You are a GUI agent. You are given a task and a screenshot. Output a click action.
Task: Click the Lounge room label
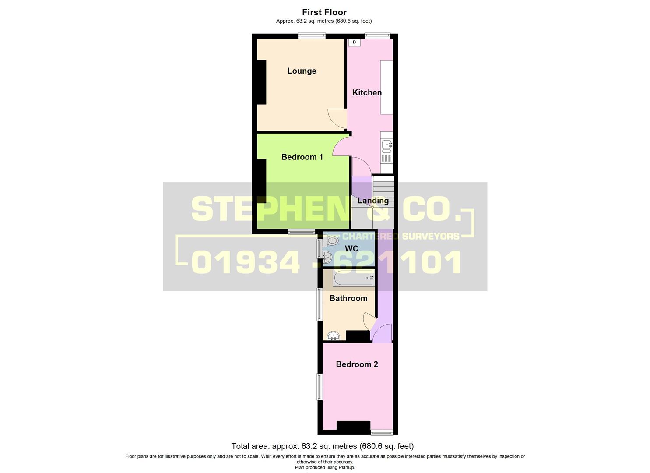(302, 71)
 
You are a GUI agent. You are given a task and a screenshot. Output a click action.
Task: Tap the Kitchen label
(367, 92)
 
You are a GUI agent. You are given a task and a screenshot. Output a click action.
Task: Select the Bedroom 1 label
(302, 157)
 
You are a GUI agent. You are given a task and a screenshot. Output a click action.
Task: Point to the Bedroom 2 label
(357, 364)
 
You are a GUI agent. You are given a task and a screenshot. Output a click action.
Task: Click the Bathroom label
(348, 298)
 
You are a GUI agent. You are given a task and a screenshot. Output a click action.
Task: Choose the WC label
(351, 249)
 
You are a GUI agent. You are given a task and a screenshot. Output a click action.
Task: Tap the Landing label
(373, 201)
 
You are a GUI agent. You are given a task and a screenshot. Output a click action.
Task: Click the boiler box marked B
(354, 42)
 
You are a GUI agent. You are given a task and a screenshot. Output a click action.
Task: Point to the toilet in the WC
(332, 240)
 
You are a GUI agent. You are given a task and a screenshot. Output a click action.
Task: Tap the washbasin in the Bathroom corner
(334, 335)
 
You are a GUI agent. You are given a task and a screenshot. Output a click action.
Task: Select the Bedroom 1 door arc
(341, 145)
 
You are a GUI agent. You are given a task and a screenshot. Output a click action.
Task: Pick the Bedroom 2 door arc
(381, 333)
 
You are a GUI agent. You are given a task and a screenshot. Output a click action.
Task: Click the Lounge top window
(312, 36)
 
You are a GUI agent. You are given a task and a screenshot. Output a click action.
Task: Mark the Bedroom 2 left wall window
(320, 387)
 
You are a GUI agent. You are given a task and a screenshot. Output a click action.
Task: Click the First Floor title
(324, 12)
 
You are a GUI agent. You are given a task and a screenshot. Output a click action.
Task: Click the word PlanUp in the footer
(346, 467)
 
